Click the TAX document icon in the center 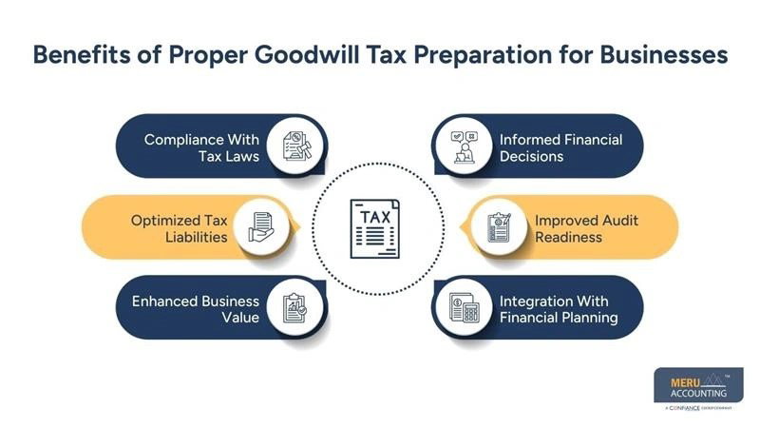[378, 227]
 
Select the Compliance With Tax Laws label [201, 147]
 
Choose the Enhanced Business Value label [196, 309]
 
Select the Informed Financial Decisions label [560, 147]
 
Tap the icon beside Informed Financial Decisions [463, 147]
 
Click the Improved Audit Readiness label [586, 228]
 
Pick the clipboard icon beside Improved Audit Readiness [498, 228]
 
